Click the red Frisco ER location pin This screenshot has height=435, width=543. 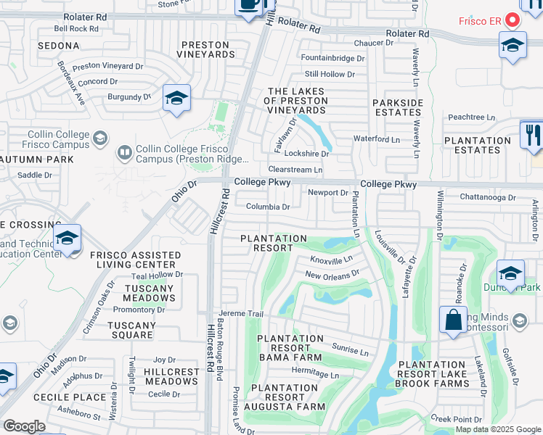point(511,20)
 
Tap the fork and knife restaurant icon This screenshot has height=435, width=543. point(531,135)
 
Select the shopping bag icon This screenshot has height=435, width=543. point(453,320)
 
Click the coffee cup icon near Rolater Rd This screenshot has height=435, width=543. point(249,6)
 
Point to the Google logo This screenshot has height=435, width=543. point(24,426)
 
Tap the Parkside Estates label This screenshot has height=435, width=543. point(397,108)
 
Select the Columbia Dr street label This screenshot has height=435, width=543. point(268,207)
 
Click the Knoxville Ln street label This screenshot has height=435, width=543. point(331,259)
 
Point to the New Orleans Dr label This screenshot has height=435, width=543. point(332,275)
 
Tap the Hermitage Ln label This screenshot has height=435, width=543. point(315,375)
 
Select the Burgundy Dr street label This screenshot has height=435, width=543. point(129,96)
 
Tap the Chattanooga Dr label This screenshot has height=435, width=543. point(487,196)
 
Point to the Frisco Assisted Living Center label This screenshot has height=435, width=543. point(135,260)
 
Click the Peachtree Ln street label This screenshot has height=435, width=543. point(471,117)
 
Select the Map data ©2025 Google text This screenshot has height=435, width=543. point(497,429)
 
